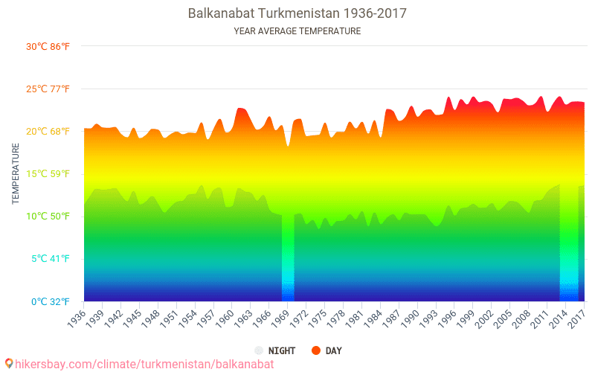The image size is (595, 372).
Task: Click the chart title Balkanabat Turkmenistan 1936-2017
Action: click(297, 13)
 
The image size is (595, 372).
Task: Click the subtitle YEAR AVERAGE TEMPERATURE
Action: click(297, 31)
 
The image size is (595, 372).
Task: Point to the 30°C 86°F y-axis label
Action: click(48, 46)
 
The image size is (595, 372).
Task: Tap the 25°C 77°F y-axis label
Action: click(48, 89)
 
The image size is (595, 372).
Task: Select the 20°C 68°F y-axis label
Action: click(48, 132)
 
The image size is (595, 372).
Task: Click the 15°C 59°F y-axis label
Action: click(48, 174)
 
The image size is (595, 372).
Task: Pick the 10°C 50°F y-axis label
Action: click(48, 217)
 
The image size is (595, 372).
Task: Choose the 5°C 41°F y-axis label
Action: click(49, 259)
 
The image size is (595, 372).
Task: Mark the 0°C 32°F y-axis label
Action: click(49, 301)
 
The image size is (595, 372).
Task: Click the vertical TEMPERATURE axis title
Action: click(16, 174)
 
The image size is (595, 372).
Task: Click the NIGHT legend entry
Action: click(277, 350)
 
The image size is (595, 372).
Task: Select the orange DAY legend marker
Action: click(315, 350)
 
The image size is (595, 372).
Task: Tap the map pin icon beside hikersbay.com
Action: click(9, 364)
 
